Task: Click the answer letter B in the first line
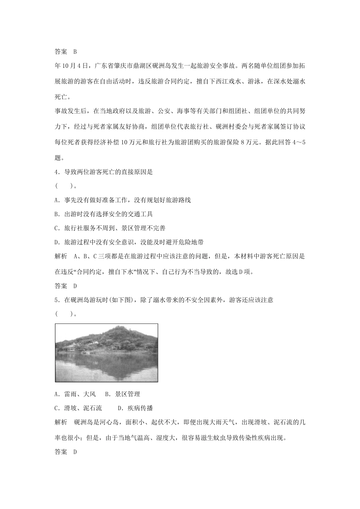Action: pyautogui.click(x=75, y=52)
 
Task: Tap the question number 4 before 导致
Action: pyautogui.click(x=56, y=172)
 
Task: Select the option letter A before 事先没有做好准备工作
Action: pyautogui.click(x=56, y=200)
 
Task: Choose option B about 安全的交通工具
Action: pyautogui.click(x=56, y=214)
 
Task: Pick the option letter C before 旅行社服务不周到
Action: pyautogui.click(x=56, y=228)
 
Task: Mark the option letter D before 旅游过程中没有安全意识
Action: pyautogui.click(x=56, y=242)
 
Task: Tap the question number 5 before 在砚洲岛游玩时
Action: pyautogui.click(x=56, y=300)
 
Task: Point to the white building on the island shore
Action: pyautogui.click(x=71, y=347)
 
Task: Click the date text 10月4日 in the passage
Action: pyautogui.click(x=74, y=66)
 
